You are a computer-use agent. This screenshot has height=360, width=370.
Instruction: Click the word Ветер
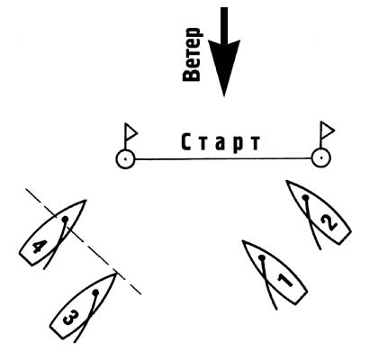click(192, 55)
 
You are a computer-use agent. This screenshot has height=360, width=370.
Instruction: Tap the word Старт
click(221, 143)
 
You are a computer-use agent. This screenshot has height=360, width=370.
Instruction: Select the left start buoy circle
click(125, 159)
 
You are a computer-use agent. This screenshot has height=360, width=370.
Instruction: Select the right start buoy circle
click(321, 157)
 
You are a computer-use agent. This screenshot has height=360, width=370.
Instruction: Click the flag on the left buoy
click(131, 132)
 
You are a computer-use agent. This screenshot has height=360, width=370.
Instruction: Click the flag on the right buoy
click(327, 130)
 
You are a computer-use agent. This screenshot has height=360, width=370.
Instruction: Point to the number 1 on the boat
click(284, 280)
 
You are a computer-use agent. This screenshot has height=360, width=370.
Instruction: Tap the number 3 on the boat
click(71, 318)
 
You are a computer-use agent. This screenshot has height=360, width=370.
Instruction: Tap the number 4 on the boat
click(40, 247)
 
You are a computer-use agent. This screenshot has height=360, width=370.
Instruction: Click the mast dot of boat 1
click(262, 257)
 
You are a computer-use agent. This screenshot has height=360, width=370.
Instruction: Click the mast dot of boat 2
click(305, 198)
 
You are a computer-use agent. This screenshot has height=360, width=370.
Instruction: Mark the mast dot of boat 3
click(95, 292)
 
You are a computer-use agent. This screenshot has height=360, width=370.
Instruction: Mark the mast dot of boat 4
click(65, 220)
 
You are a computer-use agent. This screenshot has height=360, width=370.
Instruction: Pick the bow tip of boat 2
click(286, 181)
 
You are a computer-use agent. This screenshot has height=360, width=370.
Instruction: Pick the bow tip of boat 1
click(243, 240)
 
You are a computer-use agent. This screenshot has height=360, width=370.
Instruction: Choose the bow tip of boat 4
click(86, 200)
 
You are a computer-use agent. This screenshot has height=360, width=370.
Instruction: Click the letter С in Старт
click(186, 142)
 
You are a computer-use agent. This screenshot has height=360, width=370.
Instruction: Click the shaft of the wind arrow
click(224, 24)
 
